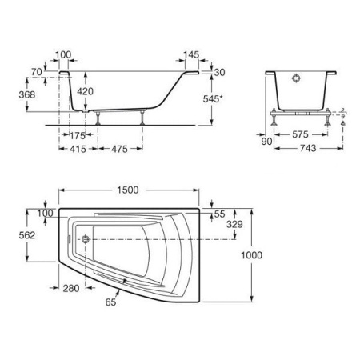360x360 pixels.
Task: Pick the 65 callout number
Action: [x=110, y=302]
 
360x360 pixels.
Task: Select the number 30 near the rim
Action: [x=221, y=72]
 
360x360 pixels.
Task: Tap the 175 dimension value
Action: [x=78, y=136]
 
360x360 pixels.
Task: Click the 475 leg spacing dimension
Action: [x=119, y=148]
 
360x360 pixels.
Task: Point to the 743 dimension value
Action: [x=307, y=148]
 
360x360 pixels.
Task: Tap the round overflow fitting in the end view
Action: [x=296, y=80]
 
